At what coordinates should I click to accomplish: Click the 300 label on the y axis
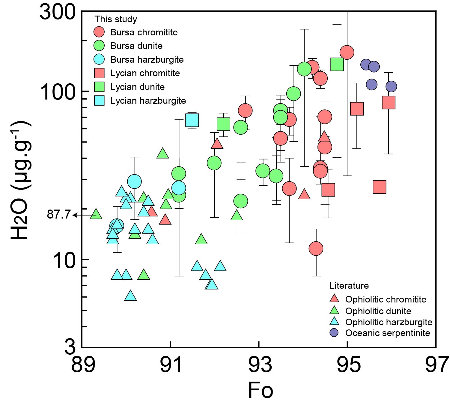tap(58, 13)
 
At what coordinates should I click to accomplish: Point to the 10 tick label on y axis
tap(64, 260)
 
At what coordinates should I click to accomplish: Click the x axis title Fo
tap(260, 390)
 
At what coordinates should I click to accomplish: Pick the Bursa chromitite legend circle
tap(99, 32)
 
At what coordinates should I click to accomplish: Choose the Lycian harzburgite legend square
tap(99, 101)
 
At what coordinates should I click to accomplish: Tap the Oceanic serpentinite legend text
tap(387, 333)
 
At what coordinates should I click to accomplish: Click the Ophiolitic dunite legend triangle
tap(334, 311)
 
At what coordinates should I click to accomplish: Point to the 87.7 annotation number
tap(58, 215)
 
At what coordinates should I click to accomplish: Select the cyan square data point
tap(192, 121)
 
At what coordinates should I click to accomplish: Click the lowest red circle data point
tap(316, 249)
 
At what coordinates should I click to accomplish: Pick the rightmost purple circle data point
tap(391, 87)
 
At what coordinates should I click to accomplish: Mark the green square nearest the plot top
tap(337, 64)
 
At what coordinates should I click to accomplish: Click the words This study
tap(116, 19)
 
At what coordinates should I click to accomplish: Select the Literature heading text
tap(349, 286)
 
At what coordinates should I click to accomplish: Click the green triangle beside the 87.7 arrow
tap(96, 214)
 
